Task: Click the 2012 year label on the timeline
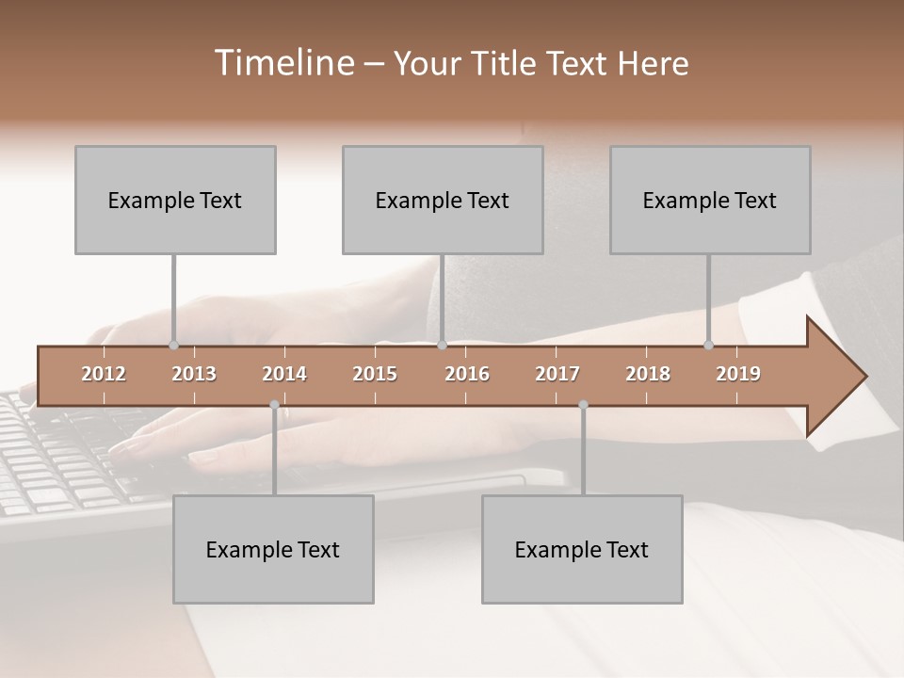104,374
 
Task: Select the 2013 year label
194,374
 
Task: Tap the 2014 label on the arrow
284,374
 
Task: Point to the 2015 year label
375,374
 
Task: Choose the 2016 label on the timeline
467,374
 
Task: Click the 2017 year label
557,374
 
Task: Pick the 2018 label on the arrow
648,374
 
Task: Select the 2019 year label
738,374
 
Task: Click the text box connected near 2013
175,200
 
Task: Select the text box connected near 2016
443,200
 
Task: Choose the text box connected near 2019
710,200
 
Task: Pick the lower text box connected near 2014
273,549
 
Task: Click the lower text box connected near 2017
582,549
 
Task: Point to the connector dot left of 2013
173,346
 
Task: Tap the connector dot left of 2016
442,346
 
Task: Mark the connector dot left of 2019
709,346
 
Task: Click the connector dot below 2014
274,405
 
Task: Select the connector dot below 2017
583,405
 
